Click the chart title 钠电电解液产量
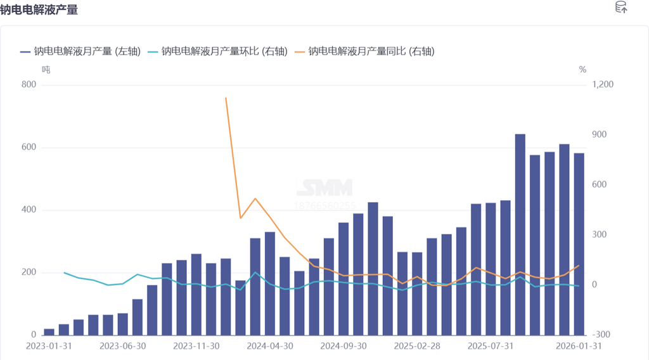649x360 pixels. (39, 10)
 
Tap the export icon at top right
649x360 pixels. (622, 8)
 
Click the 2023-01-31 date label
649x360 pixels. (49, 347)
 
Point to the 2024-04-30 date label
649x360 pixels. (270, 347)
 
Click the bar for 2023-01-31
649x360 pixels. (49, 331)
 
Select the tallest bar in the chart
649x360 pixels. (520, 235)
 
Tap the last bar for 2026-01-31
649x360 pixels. (579, 244)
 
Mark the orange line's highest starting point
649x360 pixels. (226, 98)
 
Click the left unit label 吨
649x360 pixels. (46, 70)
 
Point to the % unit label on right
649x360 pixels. (582, 70)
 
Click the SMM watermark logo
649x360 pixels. (325, 188)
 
